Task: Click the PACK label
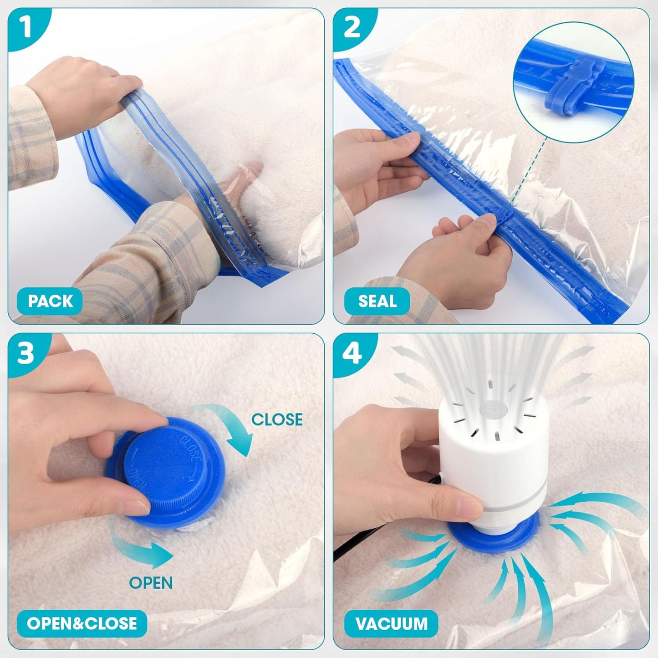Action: (50, 301)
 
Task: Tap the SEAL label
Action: (377, 301)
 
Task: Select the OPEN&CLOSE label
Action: (82, 623)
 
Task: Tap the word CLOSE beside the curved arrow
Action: (277, 419)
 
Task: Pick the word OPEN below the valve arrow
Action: (151, 583)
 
